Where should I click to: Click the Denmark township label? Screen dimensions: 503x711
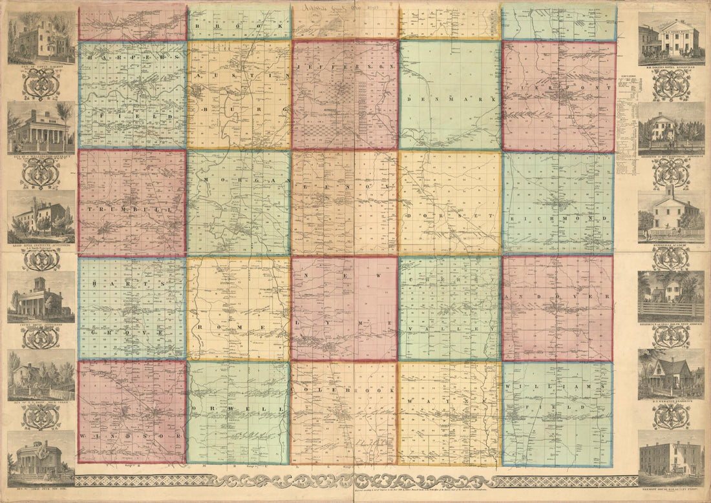pos(451,100)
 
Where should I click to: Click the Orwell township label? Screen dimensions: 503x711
pos(239,409)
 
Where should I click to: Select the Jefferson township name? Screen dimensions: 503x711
pos(345,67)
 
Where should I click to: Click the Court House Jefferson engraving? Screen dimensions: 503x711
pos(41,298)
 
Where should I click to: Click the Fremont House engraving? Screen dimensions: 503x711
pos(670,453)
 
